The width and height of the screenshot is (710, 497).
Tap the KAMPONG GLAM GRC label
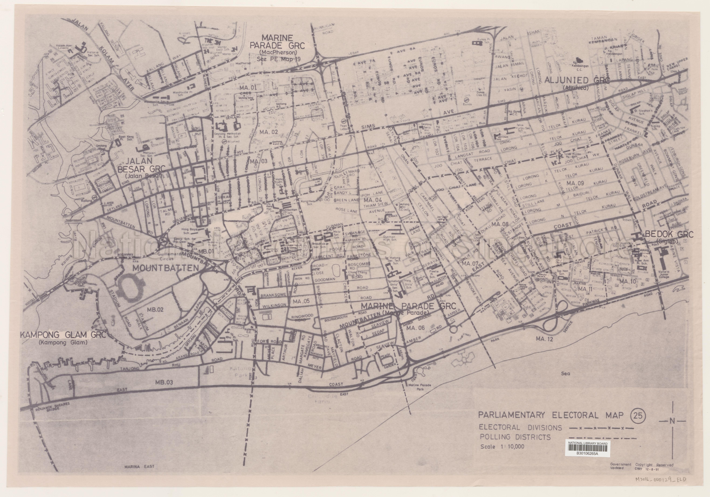coord(63,335)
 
